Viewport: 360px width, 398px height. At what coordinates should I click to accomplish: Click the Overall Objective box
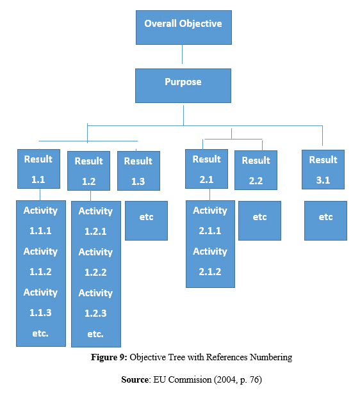coord(184,28)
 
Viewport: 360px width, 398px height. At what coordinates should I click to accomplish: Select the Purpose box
coord(183,86)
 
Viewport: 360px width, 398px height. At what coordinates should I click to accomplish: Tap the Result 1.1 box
coord(38,169)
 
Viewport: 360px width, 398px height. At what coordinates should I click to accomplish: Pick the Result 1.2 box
coord(88,171)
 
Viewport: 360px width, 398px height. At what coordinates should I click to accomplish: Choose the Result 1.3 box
coord(138,171)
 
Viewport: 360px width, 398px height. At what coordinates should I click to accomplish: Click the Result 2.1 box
coord(206,169)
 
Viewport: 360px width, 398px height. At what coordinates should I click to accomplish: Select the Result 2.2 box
coord(256,170)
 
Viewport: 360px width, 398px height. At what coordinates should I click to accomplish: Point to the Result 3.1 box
coord(323,170)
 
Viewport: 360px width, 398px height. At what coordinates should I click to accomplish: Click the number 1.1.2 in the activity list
coord(40,272)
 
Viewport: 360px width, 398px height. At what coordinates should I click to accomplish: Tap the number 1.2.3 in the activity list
coord(95,314)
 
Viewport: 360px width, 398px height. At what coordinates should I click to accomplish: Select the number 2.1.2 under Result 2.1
coord(210,272)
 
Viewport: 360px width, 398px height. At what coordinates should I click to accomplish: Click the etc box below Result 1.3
coord(146,221)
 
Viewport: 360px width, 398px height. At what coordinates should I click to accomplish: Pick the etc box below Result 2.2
coord(259,221)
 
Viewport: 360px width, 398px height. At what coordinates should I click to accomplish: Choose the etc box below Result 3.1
coord(325,221)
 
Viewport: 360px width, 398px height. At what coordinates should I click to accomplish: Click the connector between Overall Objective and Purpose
coord(182,54)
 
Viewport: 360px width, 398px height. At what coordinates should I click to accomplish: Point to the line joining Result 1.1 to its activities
coord(40,195)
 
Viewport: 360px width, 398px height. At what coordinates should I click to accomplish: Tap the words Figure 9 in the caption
coord(109,357)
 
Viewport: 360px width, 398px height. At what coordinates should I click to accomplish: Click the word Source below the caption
coord(135,379)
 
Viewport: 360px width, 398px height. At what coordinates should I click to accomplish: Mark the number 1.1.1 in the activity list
coord(40,231)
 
